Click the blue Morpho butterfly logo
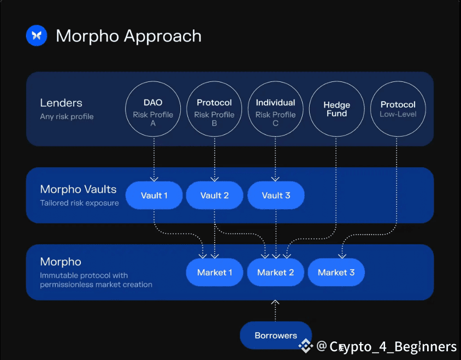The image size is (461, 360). pyautogui.click(x=37, y=36)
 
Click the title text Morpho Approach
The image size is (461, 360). pyautogui.click(x=128, y=36)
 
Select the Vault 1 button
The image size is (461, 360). pyautogui.click(x=154, y=196)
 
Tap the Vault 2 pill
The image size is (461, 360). pyautogui.click(x=215, y=196)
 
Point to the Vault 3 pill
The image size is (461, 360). pyautogui.click(x=276, y=196)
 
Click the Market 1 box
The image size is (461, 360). pyautogui.click(x=215, y=272)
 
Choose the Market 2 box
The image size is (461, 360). pyautogui.click(x=275, y=272)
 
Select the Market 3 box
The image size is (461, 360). pyautogui.click(x=336, y=272)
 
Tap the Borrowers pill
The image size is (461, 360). pyautogui.click(x=276, y=335)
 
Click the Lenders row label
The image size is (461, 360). pyautogui.click(x=61, y=103)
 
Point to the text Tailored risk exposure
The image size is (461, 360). pyautogui.click(x=79, y=203)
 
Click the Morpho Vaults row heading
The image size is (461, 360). pyautogui.click(x=78, y=190)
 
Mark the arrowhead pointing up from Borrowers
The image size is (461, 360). pyautogui.click(x=275, y=302)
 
